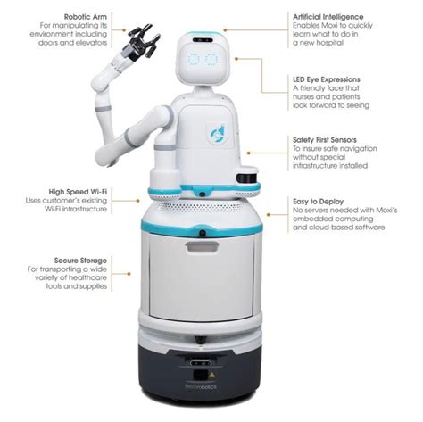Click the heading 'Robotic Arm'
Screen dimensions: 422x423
(87, 15)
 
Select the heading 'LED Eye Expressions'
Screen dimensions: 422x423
(331, 79)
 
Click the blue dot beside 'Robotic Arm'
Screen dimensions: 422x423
(120, 15)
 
